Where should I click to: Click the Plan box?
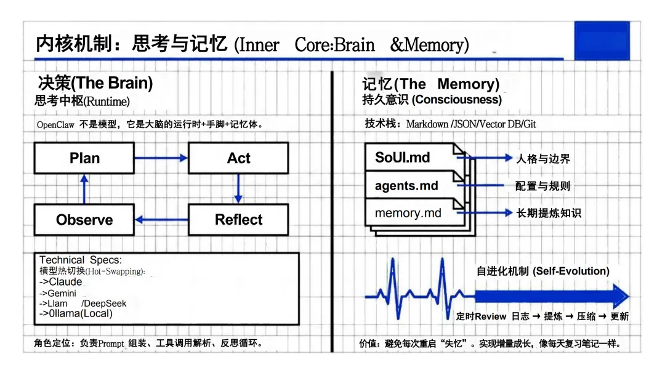pos(84,158)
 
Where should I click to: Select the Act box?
pos(238,158)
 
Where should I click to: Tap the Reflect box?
pos(238,220)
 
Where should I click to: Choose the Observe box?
pos(84,220)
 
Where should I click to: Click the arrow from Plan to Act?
pos(161,158)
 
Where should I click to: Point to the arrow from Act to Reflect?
pos(238,189)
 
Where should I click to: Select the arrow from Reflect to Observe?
pos(161,220)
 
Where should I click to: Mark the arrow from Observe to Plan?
pos(84,189)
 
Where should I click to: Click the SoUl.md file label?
pos(403,158)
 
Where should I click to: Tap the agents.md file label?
pos(406,185)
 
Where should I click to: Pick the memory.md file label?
pos(408,214)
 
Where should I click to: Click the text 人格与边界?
pos(543,159)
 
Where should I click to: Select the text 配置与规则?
pos(543,186)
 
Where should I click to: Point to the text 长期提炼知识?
pos(548,214)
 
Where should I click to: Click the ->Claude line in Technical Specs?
pos(60,282)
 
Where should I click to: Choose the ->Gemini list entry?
pos(58,293)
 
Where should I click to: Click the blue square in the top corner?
pos(602,41)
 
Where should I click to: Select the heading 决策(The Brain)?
pos(95,83)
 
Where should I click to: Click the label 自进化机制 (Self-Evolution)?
pos(543,271)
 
